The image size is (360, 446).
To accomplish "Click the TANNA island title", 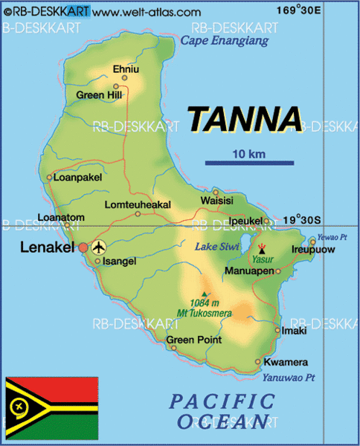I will [x=245, y=119].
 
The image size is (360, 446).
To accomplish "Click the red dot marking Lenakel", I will [x=84, y=247].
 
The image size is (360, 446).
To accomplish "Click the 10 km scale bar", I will [x=249, y=163].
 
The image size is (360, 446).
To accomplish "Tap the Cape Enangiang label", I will [x=225, y=42].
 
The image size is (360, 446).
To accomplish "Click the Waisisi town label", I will [x=216, y=201].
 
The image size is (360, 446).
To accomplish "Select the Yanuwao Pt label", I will [x=290, y=377].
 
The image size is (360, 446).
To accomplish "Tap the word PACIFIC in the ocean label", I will [x=222, y=402].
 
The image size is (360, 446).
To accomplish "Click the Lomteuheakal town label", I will [x=138, y=204].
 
